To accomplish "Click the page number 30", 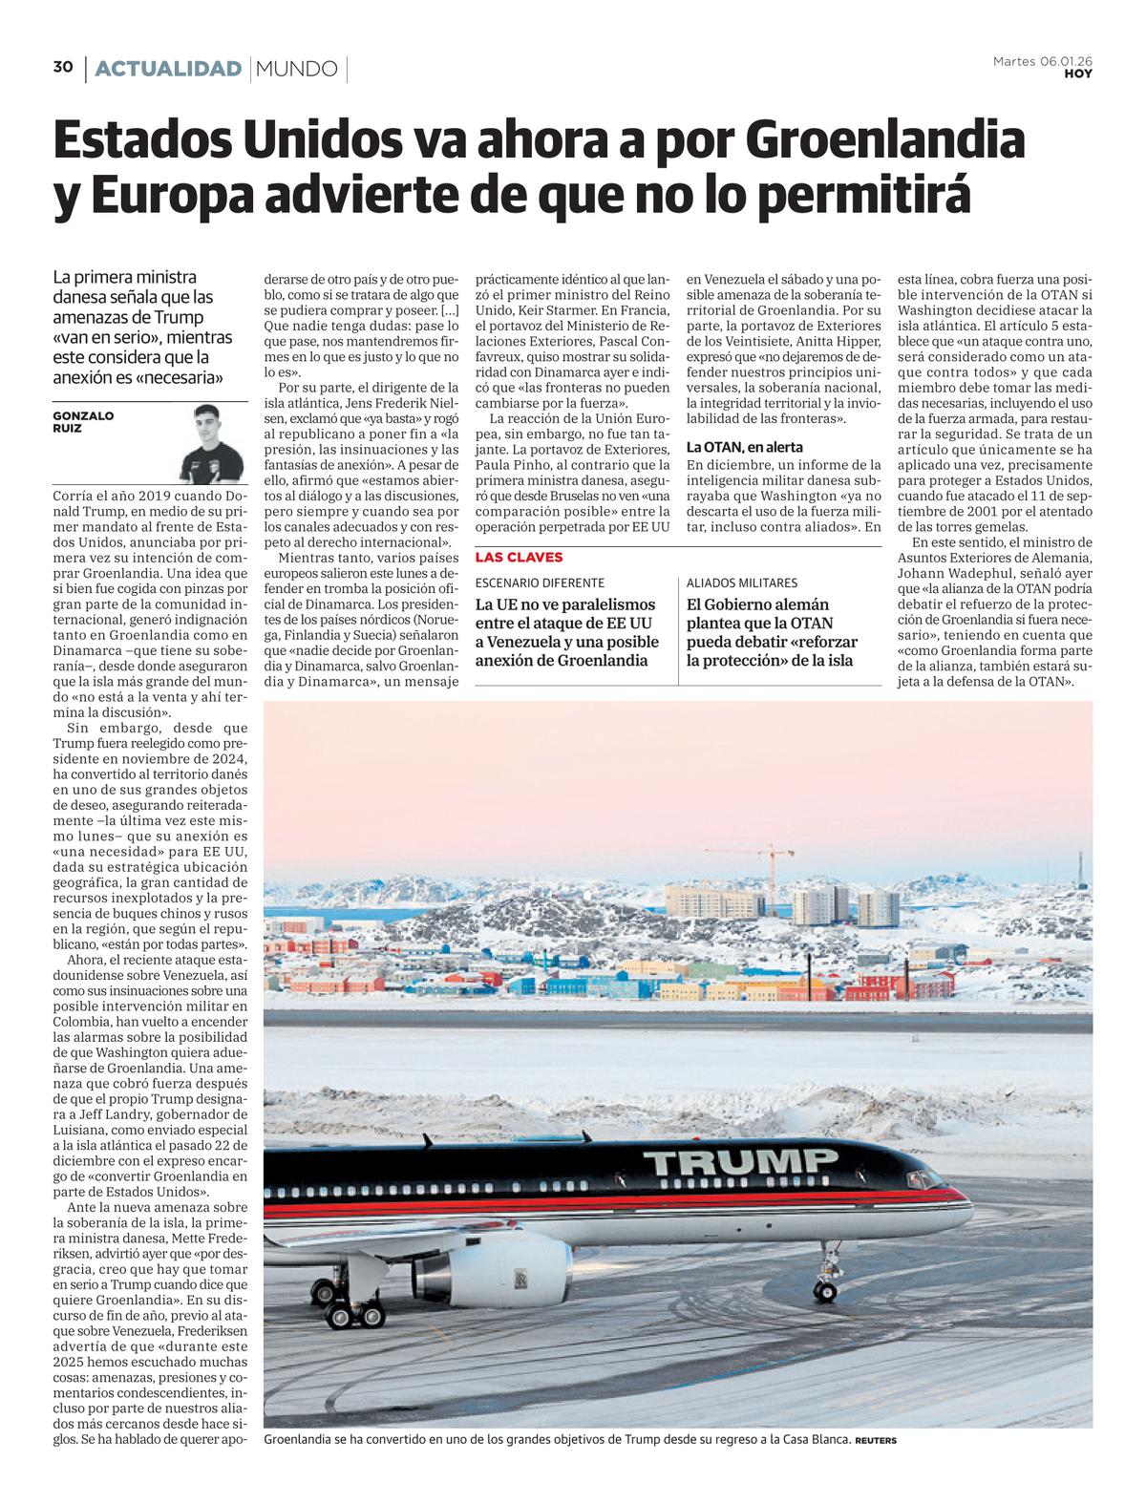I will point(63,67).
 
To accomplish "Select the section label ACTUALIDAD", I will point(168,69).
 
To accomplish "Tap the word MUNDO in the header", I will point(297,69).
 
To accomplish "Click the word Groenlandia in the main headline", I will point(884,140).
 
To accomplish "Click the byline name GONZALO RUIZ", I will point(83,422).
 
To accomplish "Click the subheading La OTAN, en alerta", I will point(745,446).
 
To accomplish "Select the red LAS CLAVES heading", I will point(520,558).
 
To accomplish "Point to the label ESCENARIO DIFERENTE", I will point(540,583).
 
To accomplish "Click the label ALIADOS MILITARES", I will point(742,583).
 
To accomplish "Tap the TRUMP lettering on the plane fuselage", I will point(738,1162).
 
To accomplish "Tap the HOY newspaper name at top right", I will point(1078,74).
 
